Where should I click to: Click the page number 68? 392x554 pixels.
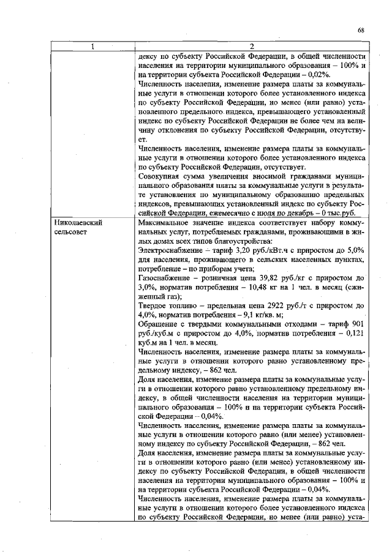tap(361, 29)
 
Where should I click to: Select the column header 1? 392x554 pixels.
tap(92, 46)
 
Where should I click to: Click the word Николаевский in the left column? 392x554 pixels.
tap(77, 223)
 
